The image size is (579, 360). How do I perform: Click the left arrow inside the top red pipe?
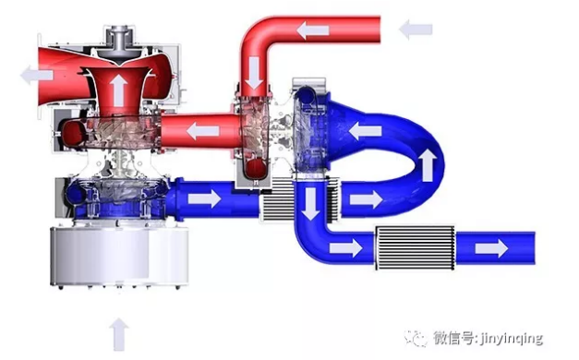[312, 30]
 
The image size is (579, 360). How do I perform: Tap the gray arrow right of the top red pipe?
[416, 30]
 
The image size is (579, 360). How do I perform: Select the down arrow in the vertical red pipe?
[255, 73]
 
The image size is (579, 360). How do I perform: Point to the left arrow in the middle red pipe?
[203, 131]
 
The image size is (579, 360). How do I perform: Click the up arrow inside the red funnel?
[118, 90]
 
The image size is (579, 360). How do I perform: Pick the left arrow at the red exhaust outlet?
[37, 75]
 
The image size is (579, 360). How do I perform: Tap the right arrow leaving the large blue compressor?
[204, 199]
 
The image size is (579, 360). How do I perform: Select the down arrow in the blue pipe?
[310, 204]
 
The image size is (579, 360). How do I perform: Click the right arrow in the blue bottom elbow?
[345, 247]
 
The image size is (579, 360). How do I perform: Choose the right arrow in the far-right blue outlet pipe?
[491, 248]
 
